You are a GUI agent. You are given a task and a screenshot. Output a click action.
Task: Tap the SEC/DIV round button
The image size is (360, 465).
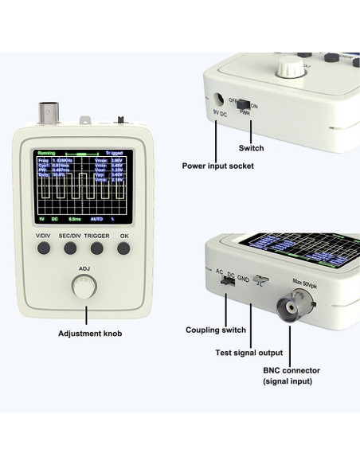point(70,248)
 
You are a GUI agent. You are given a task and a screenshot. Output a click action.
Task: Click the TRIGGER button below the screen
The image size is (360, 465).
point(97,248)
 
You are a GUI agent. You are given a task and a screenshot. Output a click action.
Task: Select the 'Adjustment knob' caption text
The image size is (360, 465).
point(84,334)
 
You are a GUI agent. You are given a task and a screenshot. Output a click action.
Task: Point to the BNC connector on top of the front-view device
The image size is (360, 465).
point(47,111)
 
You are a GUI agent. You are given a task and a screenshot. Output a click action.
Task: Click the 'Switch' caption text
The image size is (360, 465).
point(251,148)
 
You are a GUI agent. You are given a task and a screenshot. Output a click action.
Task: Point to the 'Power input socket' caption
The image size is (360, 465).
point(217,166)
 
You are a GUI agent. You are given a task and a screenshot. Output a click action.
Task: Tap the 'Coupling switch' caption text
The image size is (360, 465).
point(212,330)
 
